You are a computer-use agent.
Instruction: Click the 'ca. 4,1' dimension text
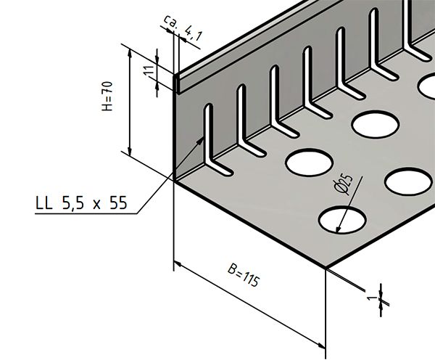(176, 29)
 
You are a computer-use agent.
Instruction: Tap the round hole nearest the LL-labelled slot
(305, 161)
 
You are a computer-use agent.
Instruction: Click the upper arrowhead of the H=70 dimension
(129, 49)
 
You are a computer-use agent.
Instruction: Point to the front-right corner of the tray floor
(327, 268)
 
